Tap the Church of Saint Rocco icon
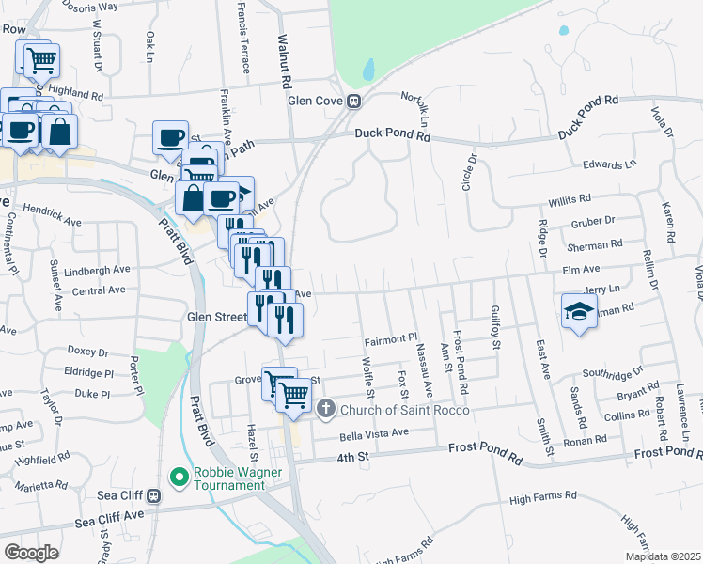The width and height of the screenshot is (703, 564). [x=326, y=408]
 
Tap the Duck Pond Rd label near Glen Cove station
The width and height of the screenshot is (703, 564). [x=392, y=134]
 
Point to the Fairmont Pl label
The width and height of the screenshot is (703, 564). [x=390, y=337]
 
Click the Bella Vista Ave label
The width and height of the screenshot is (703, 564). [x=374, y=432]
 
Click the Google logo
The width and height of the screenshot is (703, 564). [x=31, y=552]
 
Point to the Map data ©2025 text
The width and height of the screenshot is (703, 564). [x=662, y=556]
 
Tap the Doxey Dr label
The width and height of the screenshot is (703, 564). [x=87, y=353]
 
